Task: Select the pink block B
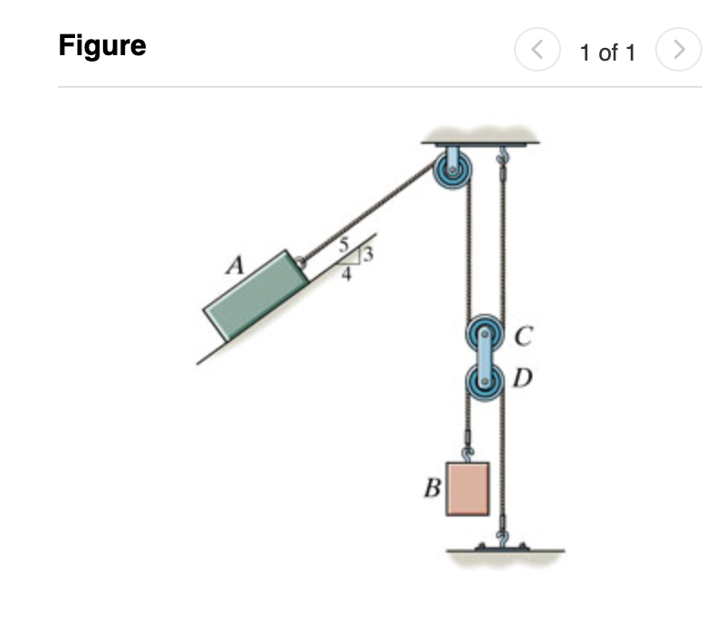point(468,488)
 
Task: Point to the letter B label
point(433,489)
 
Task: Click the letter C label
point(520,338)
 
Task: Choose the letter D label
point(520,377)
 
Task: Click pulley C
point(483,334)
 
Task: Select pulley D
point(483,380)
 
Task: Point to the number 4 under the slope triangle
point(346,275)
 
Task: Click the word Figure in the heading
point(102,45)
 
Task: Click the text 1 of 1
point(607,52)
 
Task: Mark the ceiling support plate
point(481,140)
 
